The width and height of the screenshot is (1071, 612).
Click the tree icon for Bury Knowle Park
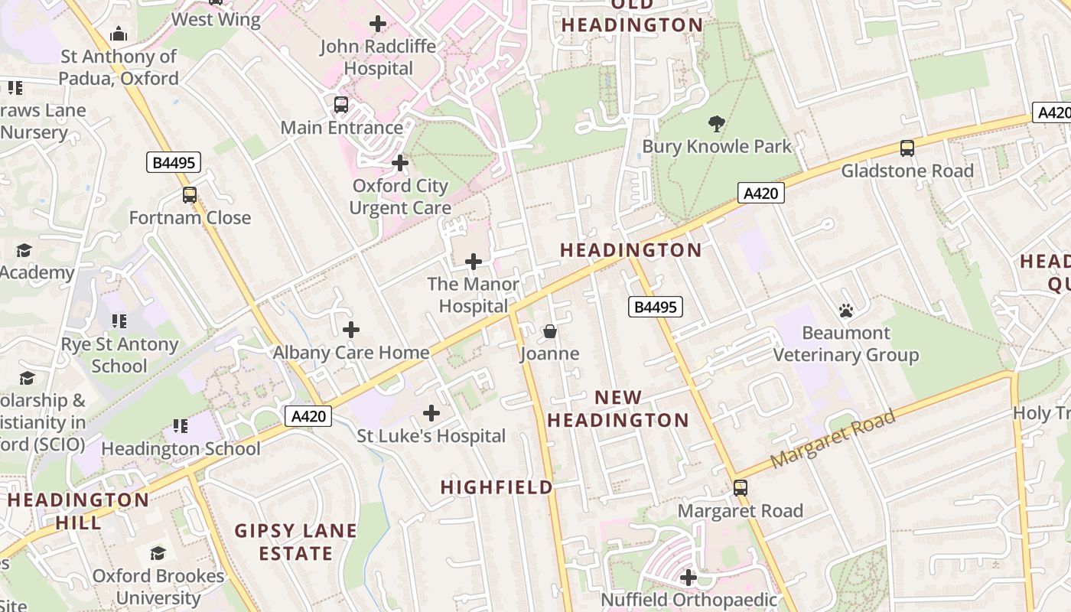(x=717, y=123)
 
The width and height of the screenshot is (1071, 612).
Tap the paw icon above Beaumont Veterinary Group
(x=845, y=311)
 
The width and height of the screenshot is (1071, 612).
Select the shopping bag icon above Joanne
(x=549, y=331)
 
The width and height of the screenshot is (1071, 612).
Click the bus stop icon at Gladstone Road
(x=907, y=148)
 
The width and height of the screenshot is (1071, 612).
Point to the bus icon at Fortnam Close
(x=190, y=195)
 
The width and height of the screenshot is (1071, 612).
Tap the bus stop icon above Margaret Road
(x=740, y=488)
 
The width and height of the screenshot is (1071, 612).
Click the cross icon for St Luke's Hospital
(x=431, y=414)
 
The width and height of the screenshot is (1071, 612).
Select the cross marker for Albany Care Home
(x=351, y=330)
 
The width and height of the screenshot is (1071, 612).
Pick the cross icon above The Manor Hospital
(x=474, y=262)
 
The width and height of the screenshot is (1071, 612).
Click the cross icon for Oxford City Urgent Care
(x=400, y=163)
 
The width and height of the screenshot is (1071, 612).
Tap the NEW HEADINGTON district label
(x=618, y=409)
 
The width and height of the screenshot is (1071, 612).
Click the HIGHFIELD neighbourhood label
(x=496, y=487)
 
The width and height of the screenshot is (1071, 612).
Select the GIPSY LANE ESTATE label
(x=295, y=542)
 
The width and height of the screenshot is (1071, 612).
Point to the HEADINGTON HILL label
(x=78, y=511)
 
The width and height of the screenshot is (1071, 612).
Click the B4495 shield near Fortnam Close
(x=174, y=162)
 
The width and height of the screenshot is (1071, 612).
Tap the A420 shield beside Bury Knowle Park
(x=760, y=193)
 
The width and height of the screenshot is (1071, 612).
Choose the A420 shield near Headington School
(x=309, y=416)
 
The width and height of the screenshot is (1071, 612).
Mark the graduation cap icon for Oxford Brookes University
(x=158, y=553)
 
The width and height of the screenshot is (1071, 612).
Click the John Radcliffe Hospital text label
(x=378, y=57)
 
